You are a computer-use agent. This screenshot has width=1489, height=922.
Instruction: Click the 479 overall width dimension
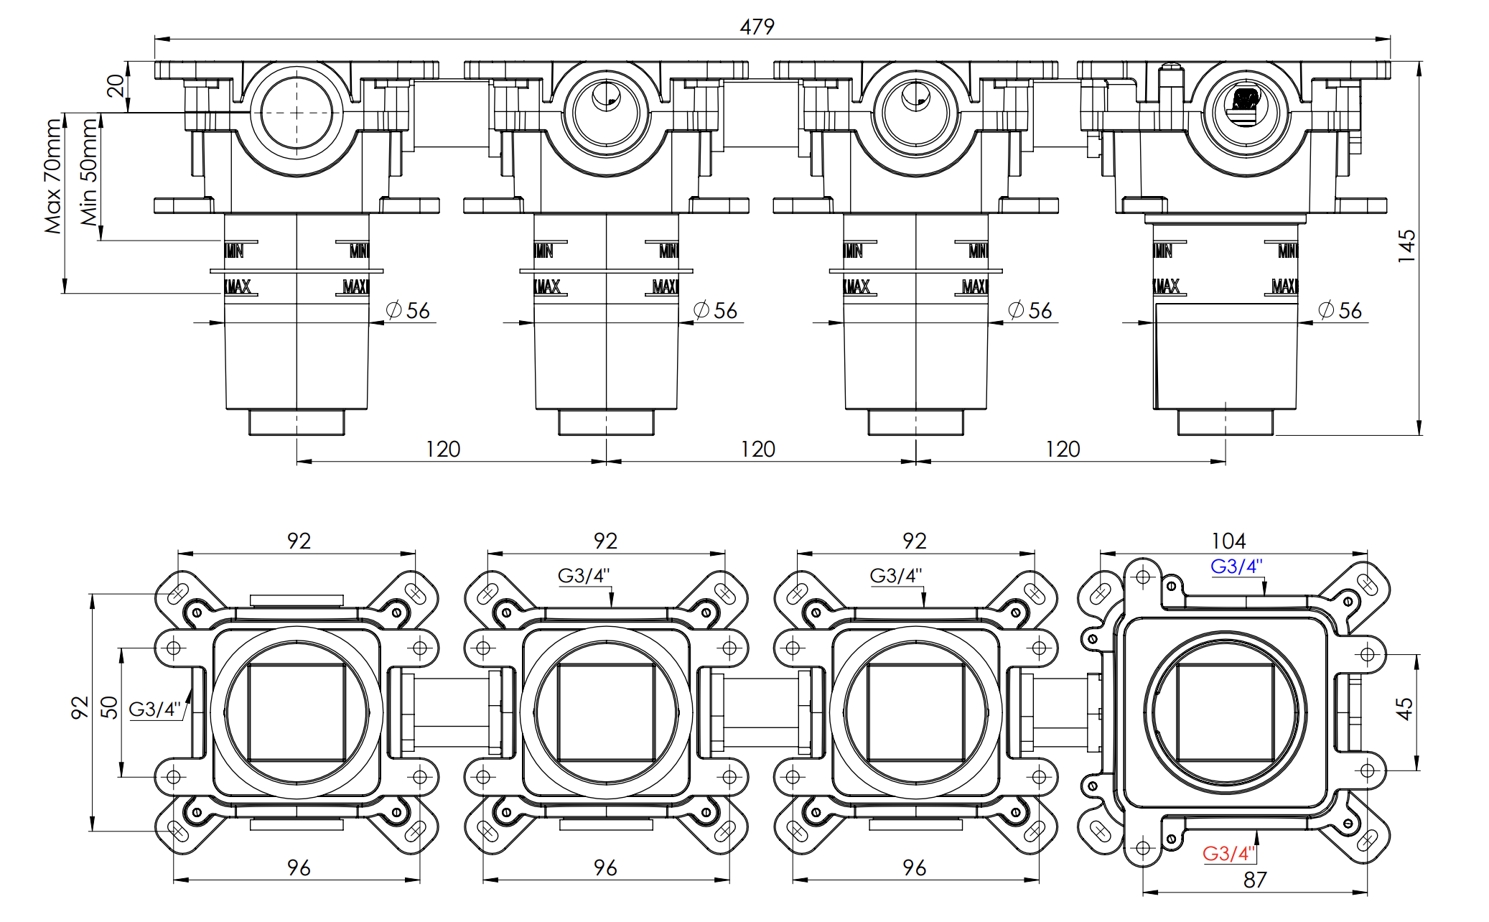[x=757, y=27]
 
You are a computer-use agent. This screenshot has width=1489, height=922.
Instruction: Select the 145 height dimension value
[x=1406, y=246]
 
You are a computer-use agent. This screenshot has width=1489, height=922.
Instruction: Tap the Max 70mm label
[x=53, y=176]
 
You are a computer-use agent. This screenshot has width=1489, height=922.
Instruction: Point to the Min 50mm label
[x=88, y=172]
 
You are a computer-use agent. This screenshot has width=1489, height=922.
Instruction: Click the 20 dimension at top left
[x=115, y=85]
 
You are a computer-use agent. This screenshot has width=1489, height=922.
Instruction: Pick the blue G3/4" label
[x=1236, y=567]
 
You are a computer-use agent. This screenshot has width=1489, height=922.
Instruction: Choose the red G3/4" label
[x=1228, y=853]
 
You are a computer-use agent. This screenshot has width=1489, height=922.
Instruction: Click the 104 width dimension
[x=1228, y=541]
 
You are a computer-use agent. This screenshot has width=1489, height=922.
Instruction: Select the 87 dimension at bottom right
[x=1255, y=880]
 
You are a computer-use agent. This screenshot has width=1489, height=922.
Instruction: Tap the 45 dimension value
[x=1404, y=709]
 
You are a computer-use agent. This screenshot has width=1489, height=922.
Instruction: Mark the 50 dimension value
[x=109, y=707]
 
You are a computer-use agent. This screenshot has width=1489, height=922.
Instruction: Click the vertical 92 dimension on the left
[x=79, y=707]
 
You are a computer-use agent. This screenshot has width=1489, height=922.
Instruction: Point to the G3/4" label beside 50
[x=154, y=709]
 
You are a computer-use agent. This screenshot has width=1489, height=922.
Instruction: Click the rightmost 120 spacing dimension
[x=1063, y=450]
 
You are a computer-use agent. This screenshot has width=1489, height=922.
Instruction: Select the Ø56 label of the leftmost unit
[x=408, y=311]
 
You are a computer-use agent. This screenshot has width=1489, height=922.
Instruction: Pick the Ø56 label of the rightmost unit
[x=1340, y=311]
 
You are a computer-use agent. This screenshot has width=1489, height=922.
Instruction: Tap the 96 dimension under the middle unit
[x=605, y=868]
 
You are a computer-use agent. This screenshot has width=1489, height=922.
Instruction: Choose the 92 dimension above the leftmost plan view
[x=299, y=541]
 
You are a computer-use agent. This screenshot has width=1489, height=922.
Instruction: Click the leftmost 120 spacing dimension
[x=443, y=450]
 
